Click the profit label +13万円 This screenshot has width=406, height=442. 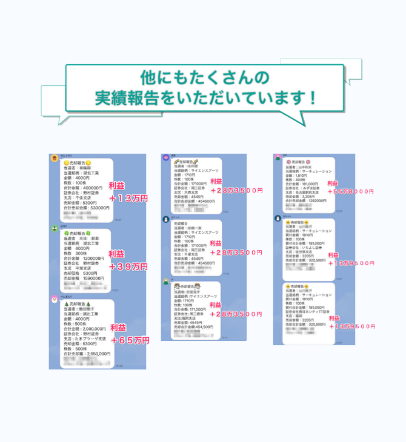click(128, 197)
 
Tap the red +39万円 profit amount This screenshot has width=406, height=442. click(128, 266)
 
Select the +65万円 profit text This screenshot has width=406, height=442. click(130, 340)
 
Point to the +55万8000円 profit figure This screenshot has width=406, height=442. click(351, 191)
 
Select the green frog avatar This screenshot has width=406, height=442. click(55, 229)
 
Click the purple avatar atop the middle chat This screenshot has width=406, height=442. click(165, 157)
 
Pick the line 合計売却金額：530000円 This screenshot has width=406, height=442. click(87, 208)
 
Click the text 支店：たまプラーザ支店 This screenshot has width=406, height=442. click(87, 338)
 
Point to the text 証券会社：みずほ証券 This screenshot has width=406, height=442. click(308, 188)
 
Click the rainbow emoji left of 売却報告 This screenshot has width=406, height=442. click(176, 163)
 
